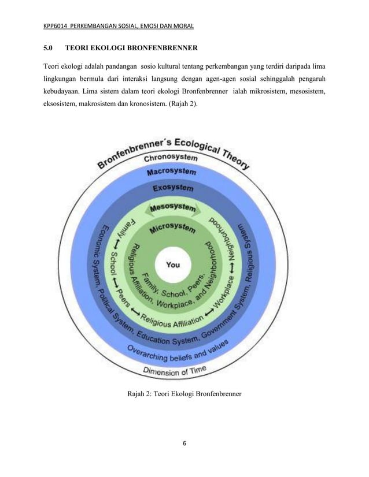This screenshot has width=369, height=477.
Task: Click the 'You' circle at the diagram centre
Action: point(172,265)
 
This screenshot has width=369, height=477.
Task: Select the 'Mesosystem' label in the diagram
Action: point(172,207)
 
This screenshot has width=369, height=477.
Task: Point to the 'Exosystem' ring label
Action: point(172,188)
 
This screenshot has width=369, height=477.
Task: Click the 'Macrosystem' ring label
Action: point(171,172)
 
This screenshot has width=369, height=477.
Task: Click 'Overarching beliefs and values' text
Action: point(178,353)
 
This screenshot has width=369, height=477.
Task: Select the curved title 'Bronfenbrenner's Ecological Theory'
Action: point(174,147)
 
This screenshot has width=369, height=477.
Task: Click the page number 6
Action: point(184,444)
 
